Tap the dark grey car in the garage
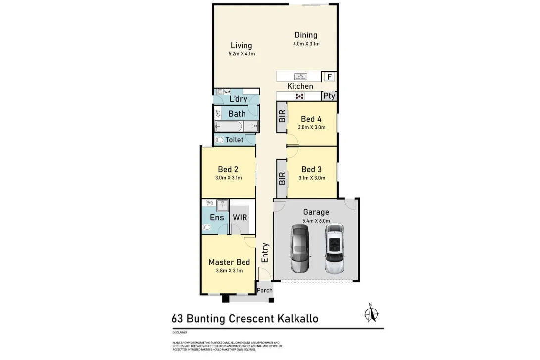[x=299, y=249]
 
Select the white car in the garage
[x=335, y=249]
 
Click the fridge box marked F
[x=329, y=77]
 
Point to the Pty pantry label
[x=329, y=96]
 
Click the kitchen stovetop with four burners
[x=299, y=96]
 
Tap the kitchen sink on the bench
[x=300, y=77]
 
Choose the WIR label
[x=240, y=217]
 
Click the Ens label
[x=217, y=217]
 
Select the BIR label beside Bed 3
[x=282, y=178]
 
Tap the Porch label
[x=265, y=290]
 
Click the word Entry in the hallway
[x=265, y=253]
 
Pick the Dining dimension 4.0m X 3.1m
[x=306, y=44]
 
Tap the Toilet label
[x=234, y=140]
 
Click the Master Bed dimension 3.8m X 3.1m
[x=229, y=270]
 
